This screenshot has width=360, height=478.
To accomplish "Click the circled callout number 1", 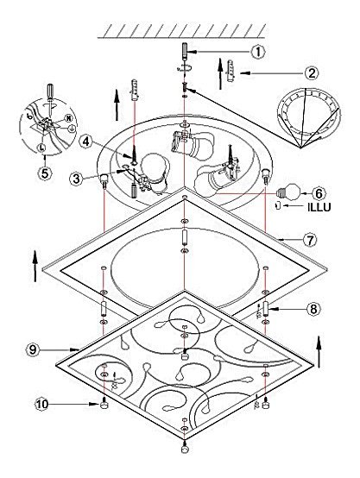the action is click(x=258, y=52).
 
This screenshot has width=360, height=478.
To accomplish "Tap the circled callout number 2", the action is click(x=311, y=73).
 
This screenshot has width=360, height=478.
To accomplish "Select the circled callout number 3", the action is click(x=76, y=179).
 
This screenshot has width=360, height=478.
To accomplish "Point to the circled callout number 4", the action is click(x=86, y=142).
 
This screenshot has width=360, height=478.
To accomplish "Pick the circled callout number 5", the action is click(x=45, y=173).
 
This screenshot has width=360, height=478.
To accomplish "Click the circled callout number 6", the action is click(x=319, y=193).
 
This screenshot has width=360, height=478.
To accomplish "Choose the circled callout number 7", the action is click(x=310, y=240).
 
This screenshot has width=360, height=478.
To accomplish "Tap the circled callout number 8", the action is click(x=313, y=309).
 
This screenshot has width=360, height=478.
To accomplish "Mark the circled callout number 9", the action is click(x=33, y=349).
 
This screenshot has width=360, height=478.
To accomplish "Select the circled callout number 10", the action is click(x=41, y=404).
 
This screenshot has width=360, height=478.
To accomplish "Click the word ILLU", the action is click(x=319, y=207).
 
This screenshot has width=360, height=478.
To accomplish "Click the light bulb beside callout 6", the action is click(x=289, y=192).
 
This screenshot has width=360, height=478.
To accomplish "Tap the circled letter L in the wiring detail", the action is click(x=41, y=148).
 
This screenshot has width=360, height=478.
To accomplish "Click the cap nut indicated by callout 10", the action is click(x=104, y=404).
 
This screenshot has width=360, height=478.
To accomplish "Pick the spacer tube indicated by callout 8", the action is click(x=266, y=310).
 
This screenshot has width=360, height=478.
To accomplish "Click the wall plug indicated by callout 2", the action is click(x=231, y=71).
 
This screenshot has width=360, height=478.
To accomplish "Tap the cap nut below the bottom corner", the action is click(x=184, y=448).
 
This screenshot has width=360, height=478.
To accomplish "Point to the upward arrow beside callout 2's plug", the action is click(x=220, y=74).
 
